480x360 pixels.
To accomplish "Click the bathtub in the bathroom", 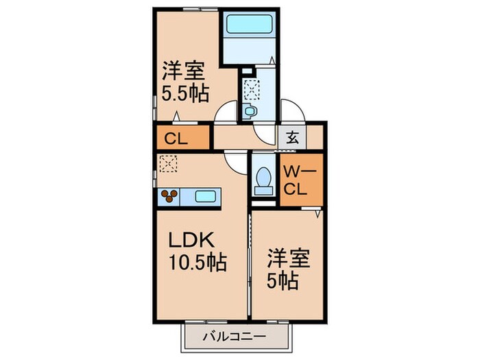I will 250,23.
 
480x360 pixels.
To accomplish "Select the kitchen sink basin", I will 205,197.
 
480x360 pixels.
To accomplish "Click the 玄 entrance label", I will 292,136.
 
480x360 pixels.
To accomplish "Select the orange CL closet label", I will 176,138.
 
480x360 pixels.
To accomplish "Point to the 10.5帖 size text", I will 198,263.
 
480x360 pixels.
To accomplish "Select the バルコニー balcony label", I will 233,337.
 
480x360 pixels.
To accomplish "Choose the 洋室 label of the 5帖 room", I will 289,259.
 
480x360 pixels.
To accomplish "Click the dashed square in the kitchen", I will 167,163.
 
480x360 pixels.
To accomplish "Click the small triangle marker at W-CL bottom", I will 317,214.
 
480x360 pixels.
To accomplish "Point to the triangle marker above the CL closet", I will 176,117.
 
